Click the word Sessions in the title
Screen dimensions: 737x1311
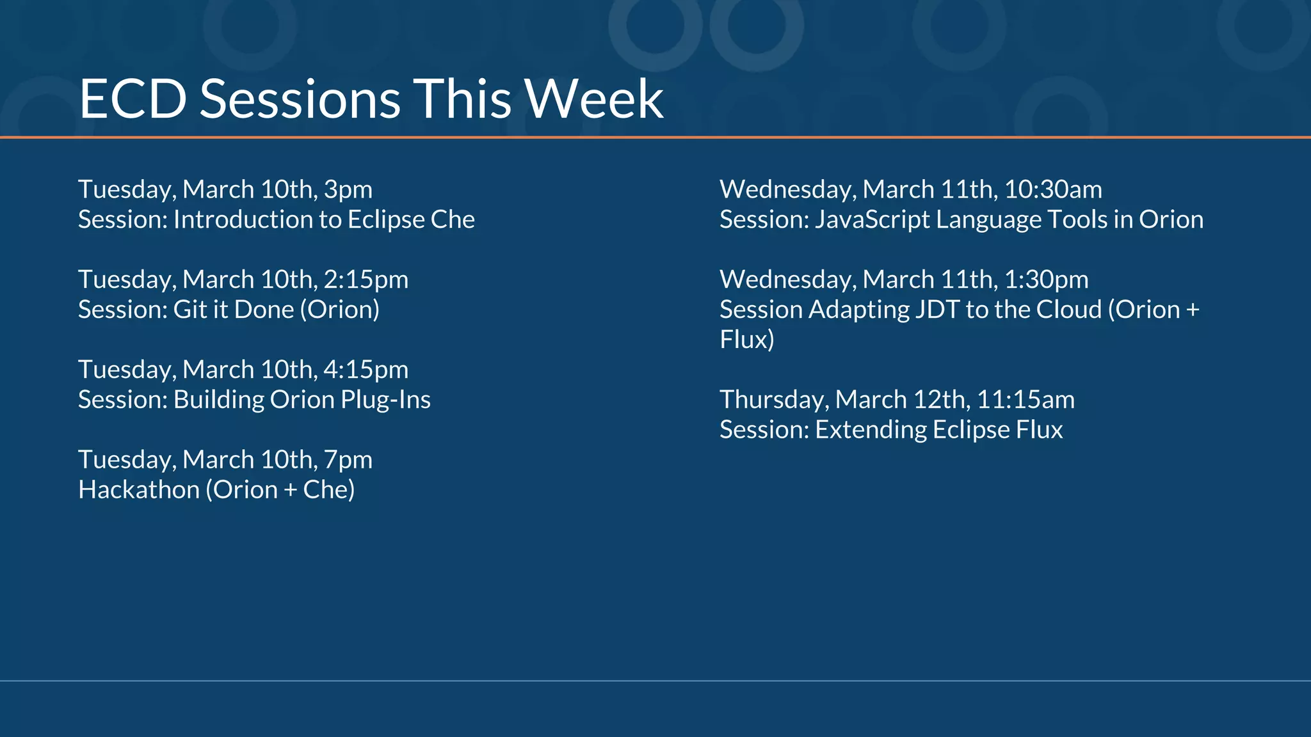click(300, 99)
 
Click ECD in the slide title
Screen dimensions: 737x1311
click(133, 99)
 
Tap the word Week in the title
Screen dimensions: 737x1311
click(593, 99)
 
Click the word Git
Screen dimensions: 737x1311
click(189, 310)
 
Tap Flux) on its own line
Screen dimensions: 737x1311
click(746, 340)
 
